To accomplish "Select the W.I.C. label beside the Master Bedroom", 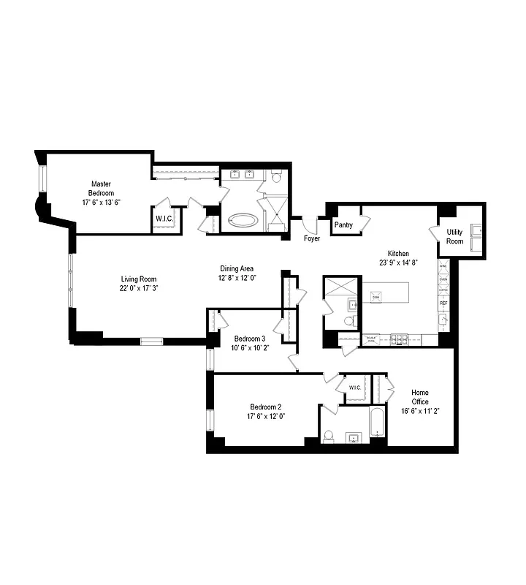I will click(x=164, y=218).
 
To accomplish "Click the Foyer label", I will click(x=312, y=238).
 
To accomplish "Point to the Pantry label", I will click(x=344, y=225).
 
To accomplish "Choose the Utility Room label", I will click(x=455, y=236).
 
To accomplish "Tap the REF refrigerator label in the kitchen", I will click(x=443, y=302).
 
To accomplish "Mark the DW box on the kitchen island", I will click(x=376, y=297).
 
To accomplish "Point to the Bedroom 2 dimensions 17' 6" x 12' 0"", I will click(x=265, y=416).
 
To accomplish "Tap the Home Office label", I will click(x=419, y=401).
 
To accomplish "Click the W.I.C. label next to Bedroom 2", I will click(x=356, y=388).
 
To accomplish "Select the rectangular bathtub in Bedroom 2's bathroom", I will click(x=378, y=424).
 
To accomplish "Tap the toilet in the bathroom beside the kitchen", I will click(x=349, y=321).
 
